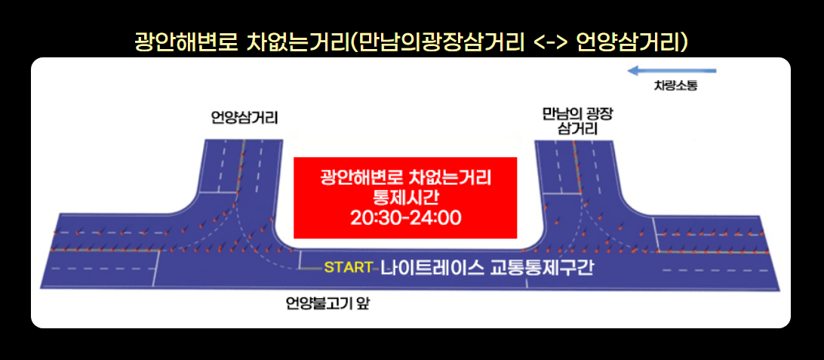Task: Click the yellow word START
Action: [x=348, y=267]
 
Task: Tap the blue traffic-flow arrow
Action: [x=672, y=71]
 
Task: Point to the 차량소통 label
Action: [x=675, y=86]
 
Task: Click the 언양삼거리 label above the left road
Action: [x=244, y=118]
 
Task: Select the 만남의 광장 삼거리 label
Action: [x=577, y=121]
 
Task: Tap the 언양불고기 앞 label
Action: [x=330, y=303]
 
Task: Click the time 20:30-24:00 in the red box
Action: [x=405, y=218]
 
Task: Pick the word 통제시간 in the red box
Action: [x=405, y=198]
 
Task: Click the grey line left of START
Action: [x=312, y=267]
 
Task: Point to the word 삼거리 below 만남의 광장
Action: [x=577, y=129]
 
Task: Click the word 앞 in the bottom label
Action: [x=367, y=303]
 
